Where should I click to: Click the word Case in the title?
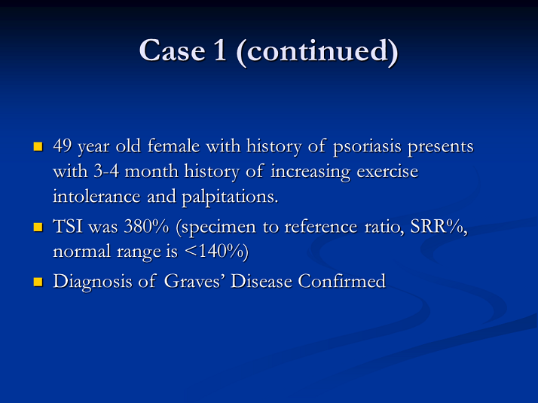[x=172, y=50]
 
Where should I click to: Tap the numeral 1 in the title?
[x=220, y=50]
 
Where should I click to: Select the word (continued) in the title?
[x=317, y=50]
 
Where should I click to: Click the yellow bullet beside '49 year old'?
[x=38, y=147]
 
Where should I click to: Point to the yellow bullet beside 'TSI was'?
[x=38, y=227]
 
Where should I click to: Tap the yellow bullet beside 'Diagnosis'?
[x=38, y=282]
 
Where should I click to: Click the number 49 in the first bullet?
[x=62, y=146]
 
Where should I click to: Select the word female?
[x=173, y=145]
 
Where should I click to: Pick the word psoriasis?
[x=367, y=147]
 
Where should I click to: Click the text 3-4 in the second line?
[x=106, y=171]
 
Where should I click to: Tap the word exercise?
[x=388, y=171]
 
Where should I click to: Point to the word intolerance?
[x=96, y=196]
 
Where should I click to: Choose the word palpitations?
[x=230, y=197]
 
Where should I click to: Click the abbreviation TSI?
[x=68, y=227]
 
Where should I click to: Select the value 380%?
[x=146, y=227]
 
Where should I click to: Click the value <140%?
[x=216, y=252]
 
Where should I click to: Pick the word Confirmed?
[x=342, y=281]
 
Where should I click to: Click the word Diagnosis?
[x=92, y=282]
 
